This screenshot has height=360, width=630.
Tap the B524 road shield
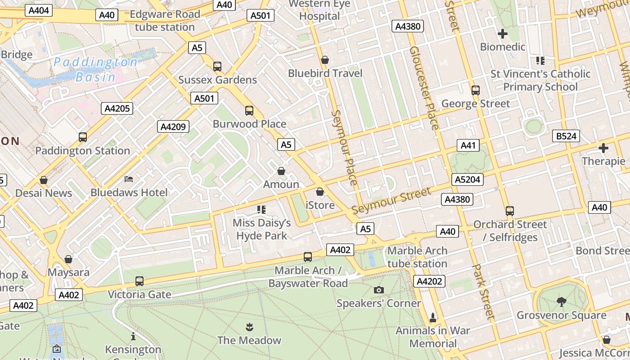click(566, 136)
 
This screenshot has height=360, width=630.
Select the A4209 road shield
click(173, 126)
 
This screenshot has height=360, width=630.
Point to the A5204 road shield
click(468, 180)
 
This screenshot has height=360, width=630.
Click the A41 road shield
click(468, 145)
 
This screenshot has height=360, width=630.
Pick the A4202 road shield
click(430, 282)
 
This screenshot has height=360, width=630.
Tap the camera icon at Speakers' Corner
click(379, 290)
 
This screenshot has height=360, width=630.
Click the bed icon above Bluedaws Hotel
click(129, 179)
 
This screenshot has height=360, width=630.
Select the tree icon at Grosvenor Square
click(561, 301)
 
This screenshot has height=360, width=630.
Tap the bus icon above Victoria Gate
click(139, 281)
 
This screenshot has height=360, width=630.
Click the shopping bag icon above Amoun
click(281, 171)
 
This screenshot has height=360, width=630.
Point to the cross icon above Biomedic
click(503, 33)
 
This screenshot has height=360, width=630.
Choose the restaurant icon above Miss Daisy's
click(261, 209)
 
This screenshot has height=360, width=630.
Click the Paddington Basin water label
click(95, 69)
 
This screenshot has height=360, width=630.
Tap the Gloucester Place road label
click(424, 88)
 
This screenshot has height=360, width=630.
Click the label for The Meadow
click(249, 340)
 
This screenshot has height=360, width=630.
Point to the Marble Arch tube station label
click(417, 257)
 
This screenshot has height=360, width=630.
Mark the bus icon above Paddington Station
click(83, 137)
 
